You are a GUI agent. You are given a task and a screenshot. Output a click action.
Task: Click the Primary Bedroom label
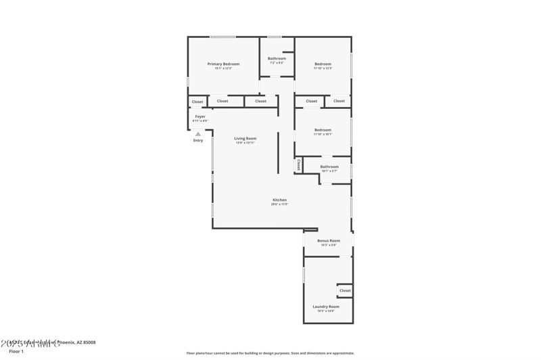click(x=223, y=64)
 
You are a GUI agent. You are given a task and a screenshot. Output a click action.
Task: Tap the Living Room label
click(x=245, y=138)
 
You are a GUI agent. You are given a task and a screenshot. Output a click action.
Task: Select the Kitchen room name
click(x=279, y=200)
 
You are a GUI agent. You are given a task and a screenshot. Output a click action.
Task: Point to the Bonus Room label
click(x=329, y=240)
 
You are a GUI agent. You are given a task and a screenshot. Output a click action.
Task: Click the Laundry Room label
click(x=326, y=307)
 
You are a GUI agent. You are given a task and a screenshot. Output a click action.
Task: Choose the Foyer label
click(x=200, y=116)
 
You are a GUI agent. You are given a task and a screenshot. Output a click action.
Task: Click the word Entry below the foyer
click(x=198, y=140)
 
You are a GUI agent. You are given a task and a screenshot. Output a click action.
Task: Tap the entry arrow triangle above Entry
click(x=198, y=134)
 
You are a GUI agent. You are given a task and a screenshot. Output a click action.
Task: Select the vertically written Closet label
click(x=298, y=164)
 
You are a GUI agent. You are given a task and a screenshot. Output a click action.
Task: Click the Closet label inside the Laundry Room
click(x=345, y=290)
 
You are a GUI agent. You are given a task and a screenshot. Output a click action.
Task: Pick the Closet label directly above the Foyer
click(x=197, y=102)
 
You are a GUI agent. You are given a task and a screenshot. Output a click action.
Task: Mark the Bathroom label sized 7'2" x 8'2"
click(x=277, y=58)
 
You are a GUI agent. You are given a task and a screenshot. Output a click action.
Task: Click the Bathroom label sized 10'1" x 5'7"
click(x=329, y=166)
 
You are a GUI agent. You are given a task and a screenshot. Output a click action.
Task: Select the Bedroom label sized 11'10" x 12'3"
click(x=323, y=64)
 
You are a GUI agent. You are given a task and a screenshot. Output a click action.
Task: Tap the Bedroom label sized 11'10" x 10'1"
click(x=323, y=130)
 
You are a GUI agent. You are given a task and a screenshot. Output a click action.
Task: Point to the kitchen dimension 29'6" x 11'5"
click(x=279, y=204)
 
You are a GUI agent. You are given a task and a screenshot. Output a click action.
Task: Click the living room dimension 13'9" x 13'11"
click(x=245, y=143)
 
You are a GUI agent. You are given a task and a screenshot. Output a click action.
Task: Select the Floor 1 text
click(x=16, y=352)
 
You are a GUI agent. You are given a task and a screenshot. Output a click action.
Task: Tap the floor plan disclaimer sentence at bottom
click(x=270, y=353)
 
